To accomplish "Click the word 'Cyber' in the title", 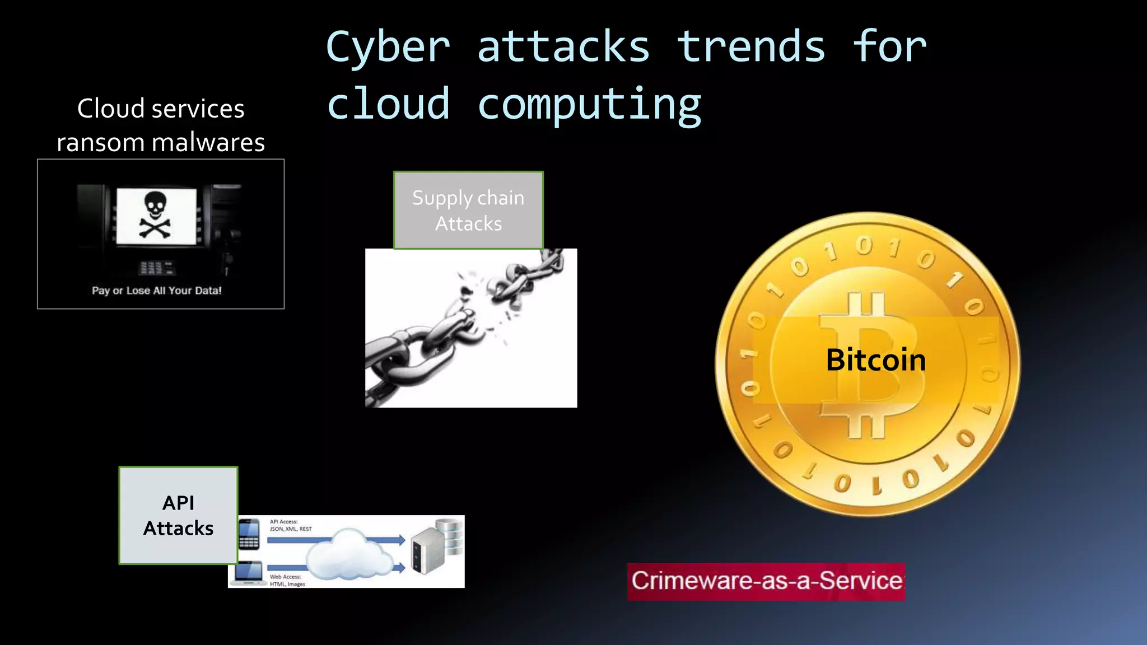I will (x=388, y=47).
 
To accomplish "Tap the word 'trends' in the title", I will (x=751, y=47).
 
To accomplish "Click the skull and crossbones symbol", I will (x=155, y=216).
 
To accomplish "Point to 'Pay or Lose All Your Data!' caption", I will (x=157, y=291).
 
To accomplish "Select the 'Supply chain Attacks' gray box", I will (x=468, y=211).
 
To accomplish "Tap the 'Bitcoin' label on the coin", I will (x=876, y=359).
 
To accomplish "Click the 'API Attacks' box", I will (x=178, y=516).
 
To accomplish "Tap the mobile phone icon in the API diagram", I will (x=249, y=535).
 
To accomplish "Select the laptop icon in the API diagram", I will (x=249, y=573).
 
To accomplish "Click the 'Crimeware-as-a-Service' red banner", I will (x=766, y=581).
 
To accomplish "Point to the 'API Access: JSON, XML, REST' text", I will (x=290, y=525).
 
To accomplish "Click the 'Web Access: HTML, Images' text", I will (x=287, y=580).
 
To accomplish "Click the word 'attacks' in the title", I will (x=563, y=47).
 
